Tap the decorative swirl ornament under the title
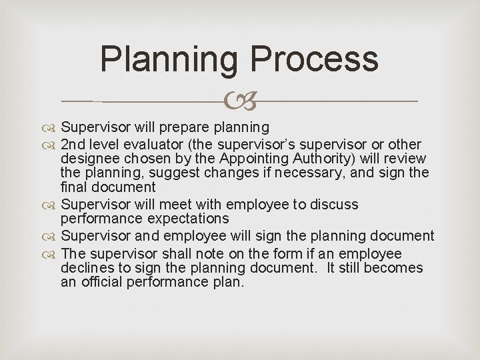[x=239, y=101]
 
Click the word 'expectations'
[x=189, y=219]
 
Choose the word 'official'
[x=101, y=282]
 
